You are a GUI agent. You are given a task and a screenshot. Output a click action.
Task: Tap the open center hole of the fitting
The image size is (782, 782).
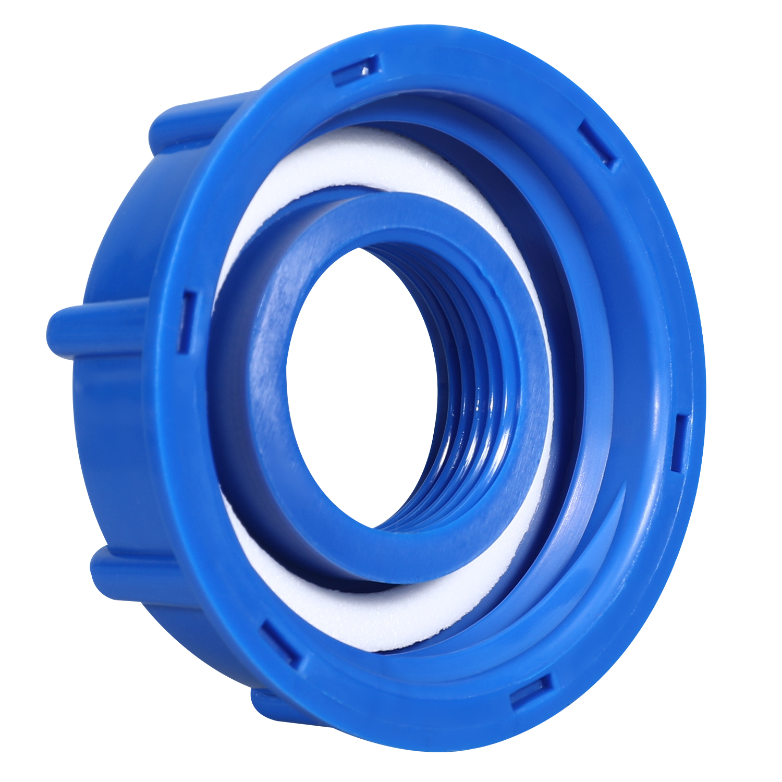(x=360, y=386)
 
